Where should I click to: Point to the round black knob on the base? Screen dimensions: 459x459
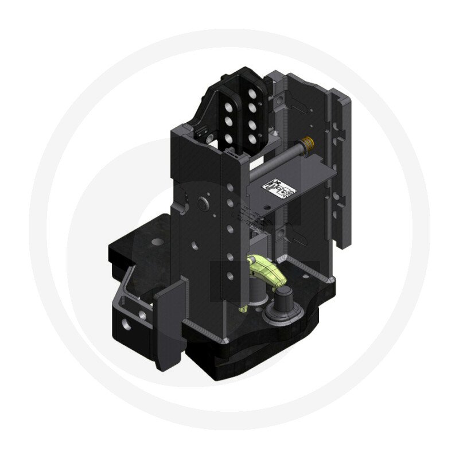point(283,299)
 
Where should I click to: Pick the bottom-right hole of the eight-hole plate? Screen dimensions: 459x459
point(252,138)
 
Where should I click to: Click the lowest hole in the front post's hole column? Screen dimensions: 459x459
point(229,276)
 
